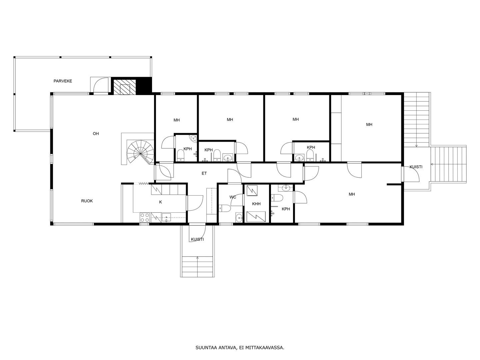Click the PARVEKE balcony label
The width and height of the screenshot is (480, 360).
63,81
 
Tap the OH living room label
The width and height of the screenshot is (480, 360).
96,134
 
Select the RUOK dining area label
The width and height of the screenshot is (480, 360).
87,201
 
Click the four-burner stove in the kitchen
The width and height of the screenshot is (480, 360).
145,217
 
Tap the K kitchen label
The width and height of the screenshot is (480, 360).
161,202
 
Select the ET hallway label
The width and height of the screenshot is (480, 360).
204,174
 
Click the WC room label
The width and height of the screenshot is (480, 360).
233,197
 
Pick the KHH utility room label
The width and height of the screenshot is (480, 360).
256,204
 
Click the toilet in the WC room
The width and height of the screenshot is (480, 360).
224,208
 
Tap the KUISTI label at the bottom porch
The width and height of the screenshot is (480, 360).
197,239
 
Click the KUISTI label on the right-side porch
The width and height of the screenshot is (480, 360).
416,167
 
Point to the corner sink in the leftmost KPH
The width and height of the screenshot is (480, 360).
193,138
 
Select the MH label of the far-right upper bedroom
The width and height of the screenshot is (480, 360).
369,125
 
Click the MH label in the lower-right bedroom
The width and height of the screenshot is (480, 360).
352,194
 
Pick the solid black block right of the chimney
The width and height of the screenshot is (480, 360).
144,86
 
